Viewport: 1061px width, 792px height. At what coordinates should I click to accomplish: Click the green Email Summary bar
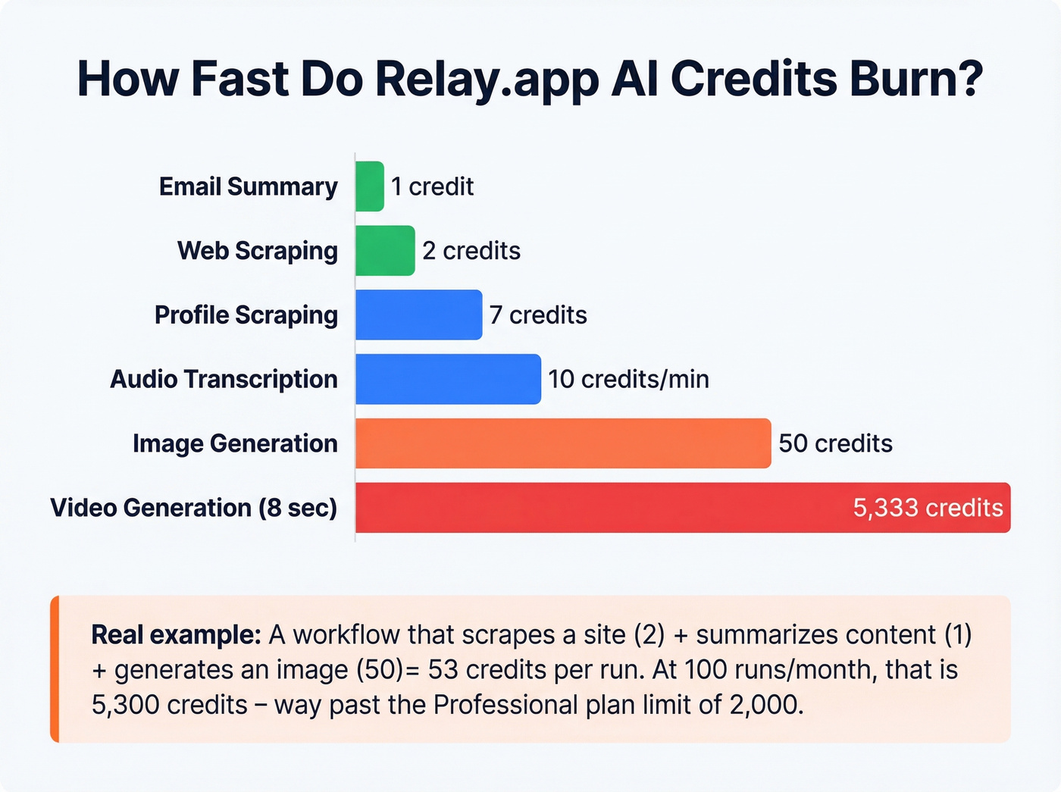pos(370,186)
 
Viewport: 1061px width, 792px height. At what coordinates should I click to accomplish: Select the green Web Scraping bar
pos(385,251)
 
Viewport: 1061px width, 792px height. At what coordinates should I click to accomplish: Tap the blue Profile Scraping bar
pos(418,315)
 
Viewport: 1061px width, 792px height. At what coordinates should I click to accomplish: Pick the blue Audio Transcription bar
pos(448,379)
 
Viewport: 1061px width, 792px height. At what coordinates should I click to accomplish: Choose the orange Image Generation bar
pos(562,443)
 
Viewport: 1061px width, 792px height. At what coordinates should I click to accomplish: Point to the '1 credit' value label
pos(432,186)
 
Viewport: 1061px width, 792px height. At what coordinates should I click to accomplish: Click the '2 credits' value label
pos(471,251)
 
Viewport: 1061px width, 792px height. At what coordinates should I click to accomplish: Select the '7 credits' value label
pos(538,315)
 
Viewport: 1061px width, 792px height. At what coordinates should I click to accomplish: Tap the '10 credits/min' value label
pos(628,379)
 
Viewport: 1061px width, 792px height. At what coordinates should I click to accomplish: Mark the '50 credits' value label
pos(835,443)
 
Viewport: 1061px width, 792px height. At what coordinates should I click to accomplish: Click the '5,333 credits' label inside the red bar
pos(928,508)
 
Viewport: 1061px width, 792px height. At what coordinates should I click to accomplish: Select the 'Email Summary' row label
pos(248,186)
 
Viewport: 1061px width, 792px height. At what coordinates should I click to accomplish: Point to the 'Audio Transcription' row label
pos(224,379)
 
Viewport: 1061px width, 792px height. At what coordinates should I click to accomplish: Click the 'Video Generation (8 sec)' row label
pos(193,508)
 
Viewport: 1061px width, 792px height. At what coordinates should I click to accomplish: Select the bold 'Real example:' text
pos(176,635)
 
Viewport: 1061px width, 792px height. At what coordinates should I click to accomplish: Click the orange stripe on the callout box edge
pos(55,668)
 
